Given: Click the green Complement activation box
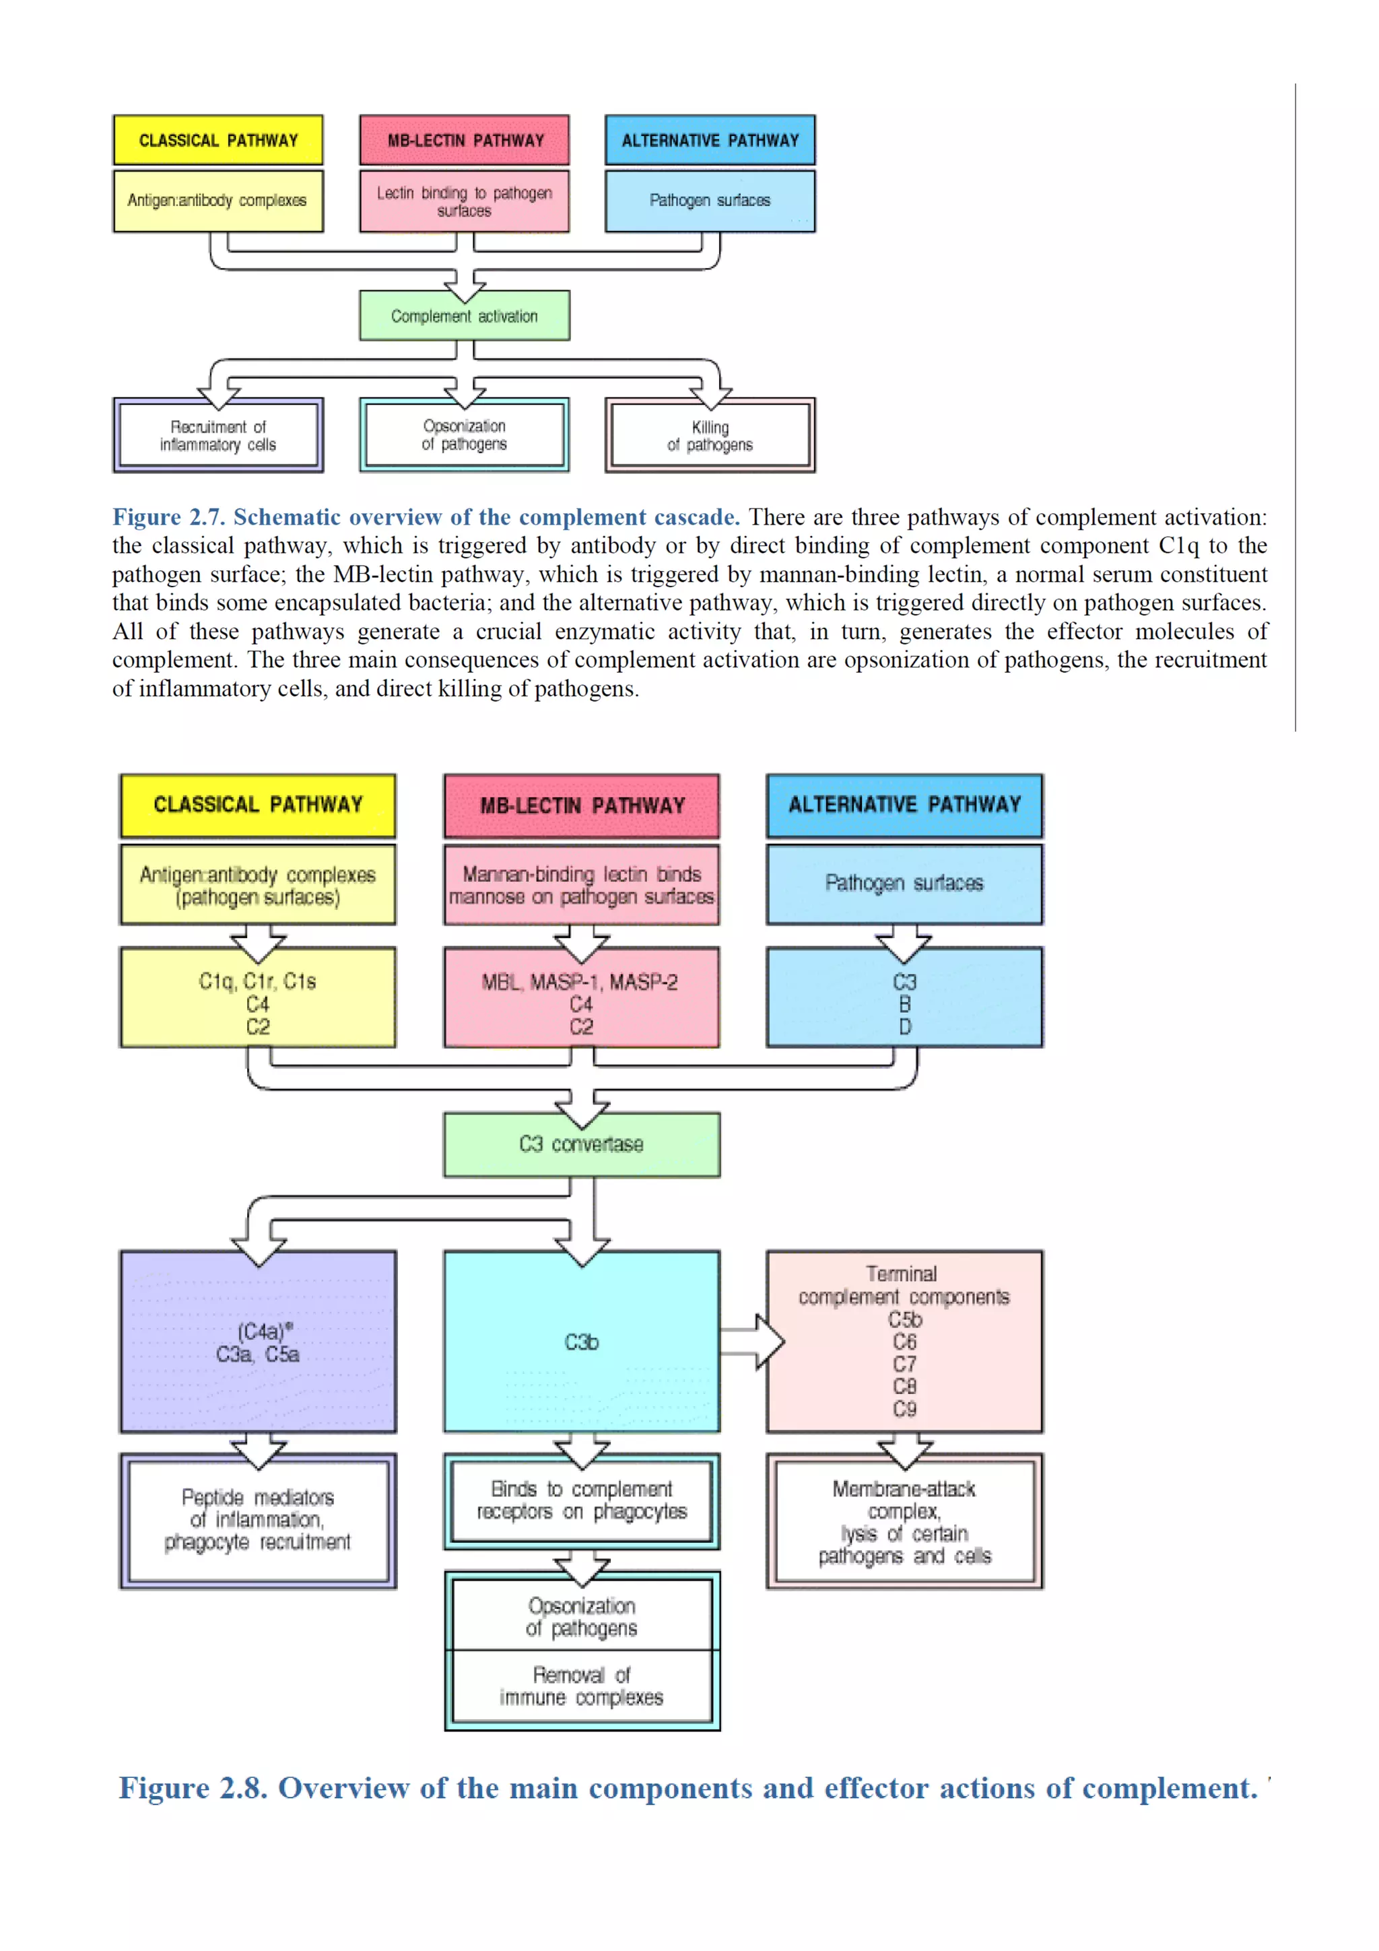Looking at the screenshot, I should [464, 316].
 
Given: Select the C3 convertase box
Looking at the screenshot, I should [581, 1145].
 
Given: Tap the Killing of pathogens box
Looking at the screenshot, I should [710, 436].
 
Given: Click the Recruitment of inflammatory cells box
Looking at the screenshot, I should [218, 436].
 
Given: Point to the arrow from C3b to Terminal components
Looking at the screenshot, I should [753, 1342].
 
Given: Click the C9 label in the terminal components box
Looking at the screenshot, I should [904, 1409].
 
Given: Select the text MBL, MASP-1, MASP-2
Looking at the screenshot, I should [580, 983].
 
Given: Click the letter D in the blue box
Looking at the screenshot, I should [904, 1027].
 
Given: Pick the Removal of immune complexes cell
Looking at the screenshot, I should [581, 1686].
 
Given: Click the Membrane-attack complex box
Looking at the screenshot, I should [904, 1522].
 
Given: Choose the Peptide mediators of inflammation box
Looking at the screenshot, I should [257, 1520].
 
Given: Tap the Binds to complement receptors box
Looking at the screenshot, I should [581, 1500].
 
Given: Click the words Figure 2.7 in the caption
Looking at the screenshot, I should [168, 517].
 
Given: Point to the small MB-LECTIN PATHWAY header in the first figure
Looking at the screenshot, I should [464, 140].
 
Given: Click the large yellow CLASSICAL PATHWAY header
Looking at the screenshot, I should [257, 805].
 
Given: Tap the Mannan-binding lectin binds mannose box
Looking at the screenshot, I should [581, 884].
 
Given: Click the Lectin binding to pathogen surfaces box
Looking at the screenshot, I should [464, 201].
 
